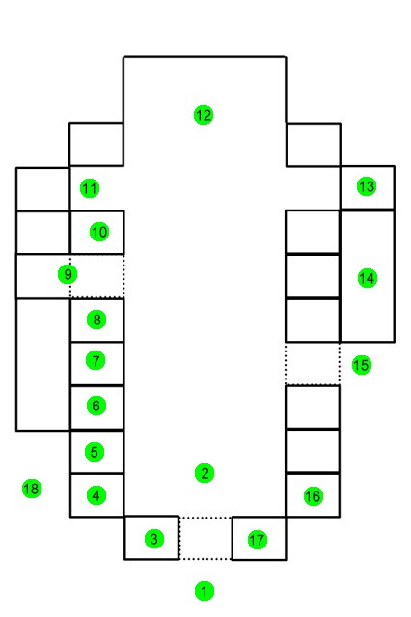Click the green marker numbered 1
click(x=205, y=591)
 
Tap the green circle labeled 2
click(x=205, y=473)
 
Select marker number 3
click(x=154, y=539)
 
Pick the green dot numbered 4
click(x=96, y=495)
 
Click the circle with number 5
click(x=95, y=452)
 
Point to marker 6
click(x=96, y=406)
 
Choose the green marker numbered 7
click(x=96, y=360)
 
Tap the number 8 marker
click(x=96, y=320)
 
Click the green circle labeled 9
click(x=68, y=274)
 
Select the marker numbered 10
click(x=99, y=232)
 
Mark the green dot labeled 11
click(x=90, y=188)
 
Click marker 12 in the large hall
click(x=204, y=115)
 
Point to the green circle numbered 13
click(x=367, y=186)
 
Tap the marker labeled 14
click(x=368, y=278)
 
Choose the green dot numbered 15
click(x=362, y=365)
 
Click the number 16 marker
click(x=314, y=496)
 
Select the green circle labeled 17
click(x=258, y=540)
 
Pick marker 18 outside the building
click(x=32, y=489)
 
